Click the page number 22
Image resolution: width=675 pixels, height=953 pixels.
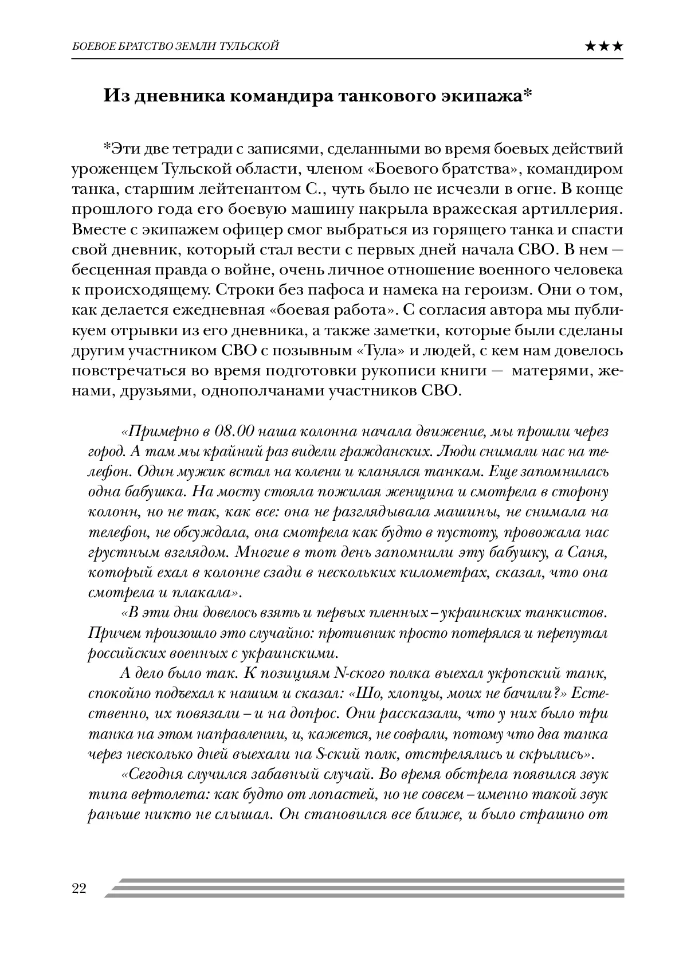[79, 889]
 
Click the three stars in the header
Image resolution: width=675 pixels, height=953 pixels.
[604, 46]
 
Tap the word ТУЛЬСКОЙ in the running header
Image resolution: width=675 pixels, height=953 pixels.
[250, 46]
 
